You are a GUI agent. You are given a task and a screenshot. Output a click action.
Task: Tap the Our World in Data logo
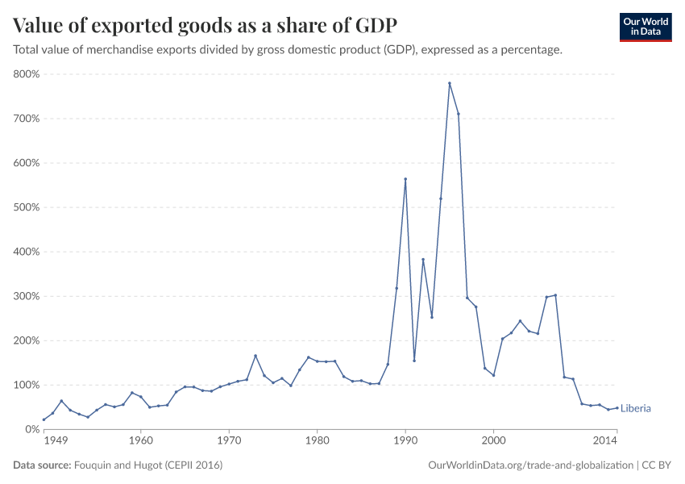(645, 27)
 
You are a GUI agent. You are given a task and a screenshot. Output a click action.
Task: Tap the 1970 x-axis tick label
(229, 442)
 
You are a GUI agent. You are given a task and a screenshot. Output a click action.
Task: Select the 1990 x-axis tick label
(405, 442)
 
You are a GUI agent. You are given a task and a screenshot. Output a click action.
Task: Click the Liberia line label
(636, 409)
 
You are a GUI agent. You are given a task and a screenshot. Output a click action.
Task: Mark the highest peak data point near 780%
(450, 84)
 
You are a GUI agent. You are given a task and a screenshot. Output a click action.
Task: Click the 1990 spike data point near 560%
(405, 179)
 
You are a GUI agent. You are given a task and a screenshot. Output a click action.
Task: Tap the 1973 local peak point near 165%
(255, 356)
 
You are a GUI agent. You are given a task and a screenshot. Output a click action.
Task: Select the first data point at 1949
(44, 419)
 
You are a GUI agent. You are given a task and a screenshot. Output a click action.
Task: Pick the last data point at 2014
(617, 407)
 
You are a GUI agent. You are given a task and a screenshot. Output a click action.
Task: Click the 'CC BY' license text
(657, 465)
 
